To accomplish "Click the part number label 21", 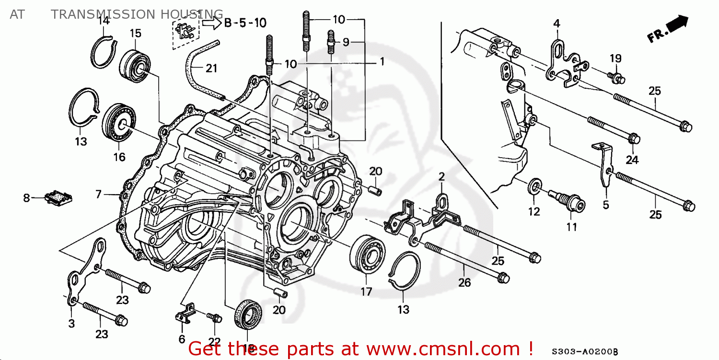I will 211,69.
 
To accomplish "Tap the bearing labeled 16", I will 119,123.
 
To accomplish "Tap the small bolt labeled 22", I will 215,318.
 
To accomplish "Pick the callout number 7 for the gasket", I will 98,194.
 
